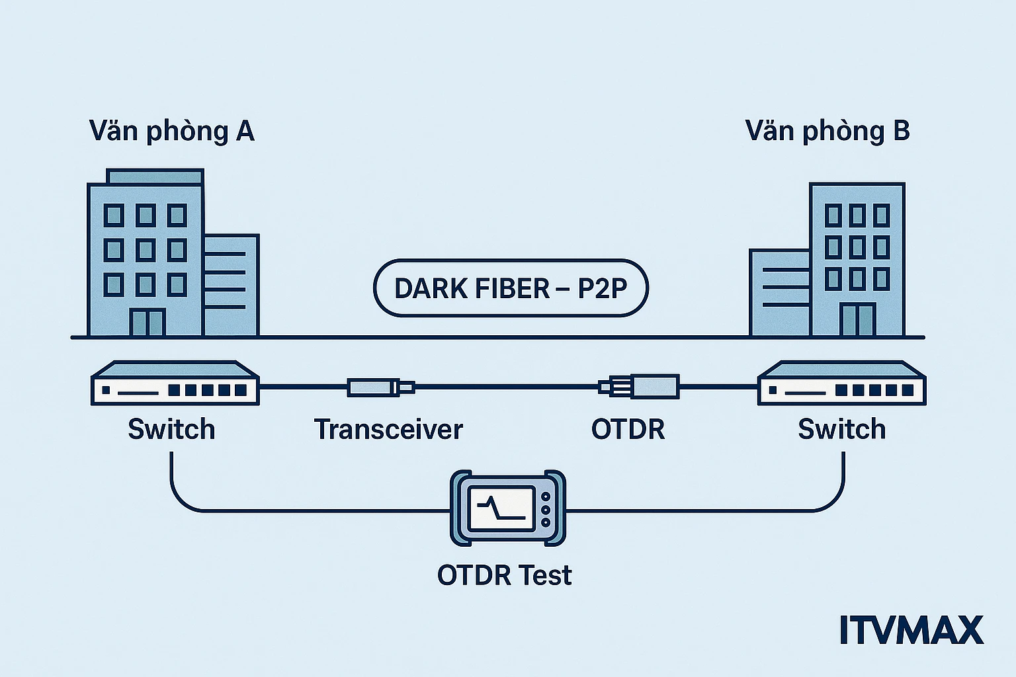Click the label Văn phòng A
(171, 131)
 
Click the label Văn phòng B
(827, 131)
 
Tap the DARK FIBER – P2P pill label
(511, 288)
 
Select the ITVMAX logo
(911, 630)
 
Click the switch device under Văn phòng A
(175, 383)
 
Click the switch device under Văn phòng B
(841, 383)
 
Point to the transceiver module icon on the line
(380, 387)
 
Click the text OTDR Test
(504, 575)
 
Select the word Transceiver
(388, 429)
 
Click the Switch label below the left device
(171, 429)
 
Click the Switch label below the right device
(841, 429)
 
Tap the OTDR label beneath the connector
(628, 429)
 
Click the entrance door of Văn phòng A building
(147, 323)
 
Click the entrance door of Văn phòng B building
(857, 320)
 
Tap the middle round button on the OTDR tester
(546, 510)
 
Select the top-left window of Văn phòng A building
(114, 215)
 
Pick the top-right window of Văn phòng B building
(881, 215)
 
